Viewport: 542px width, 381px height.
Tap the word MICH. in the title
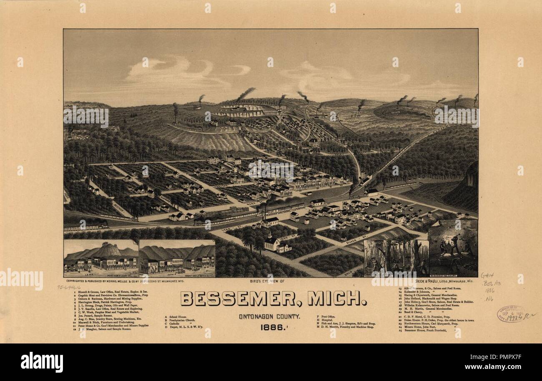coord(337,298)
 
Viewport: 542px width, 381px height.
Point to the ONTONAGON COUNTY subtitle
coord(270,317)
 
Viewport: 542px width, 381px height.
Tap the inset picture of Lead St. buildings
coord(101,258)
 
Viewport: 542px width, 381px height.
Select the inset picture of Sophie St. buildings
coord(177,258)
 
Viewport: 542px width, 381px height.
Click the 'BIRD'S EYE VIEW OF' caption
coord(267,282)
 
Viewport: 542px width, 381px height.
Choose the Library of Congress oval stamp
coord(510,313)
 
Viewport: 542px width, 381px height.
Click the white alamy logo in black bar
coord(42,362)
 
